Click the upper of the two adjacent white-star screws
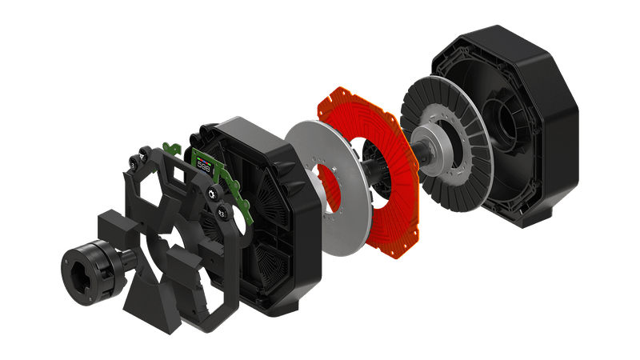[x=212, y=193]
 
